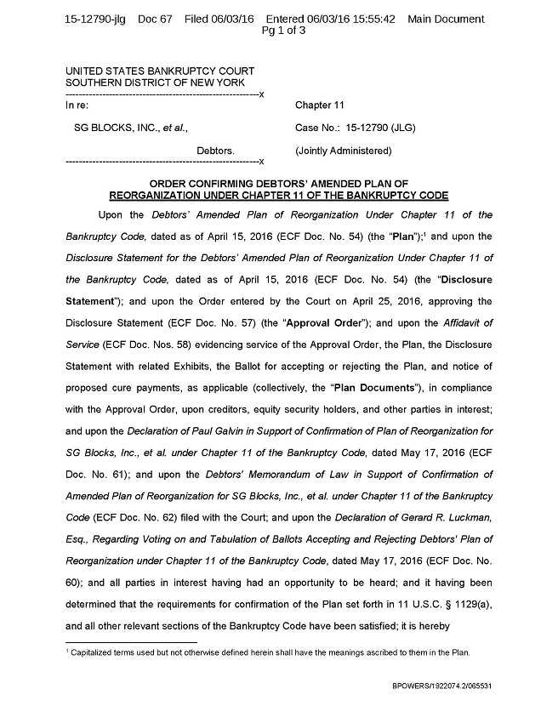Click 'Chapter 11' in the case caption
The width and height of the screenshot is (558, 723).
[x=319, y=105]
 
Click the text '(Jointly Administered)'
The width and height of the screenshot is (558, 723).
[x=343, y=151]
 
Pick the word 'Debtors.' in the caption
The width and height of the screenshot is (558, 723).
[x=216, y=151]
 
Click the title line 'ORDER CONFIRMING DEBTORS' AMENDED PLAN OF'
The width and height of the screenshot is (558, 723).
[x=279, y=183]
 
